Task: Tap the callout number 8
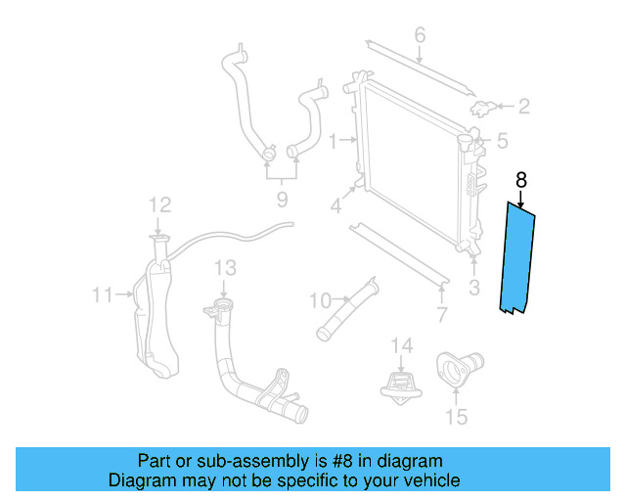520,180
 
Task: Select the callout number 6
420,37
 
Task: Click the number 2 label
523,106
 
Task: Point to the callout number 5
502,141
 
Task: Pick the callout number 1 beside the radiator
333,142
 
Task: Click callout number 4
335,205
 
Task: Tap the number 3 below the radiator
474,288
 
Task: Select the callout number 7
441,315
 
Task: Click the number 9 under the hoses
281,200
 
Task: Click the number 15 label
456,417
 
